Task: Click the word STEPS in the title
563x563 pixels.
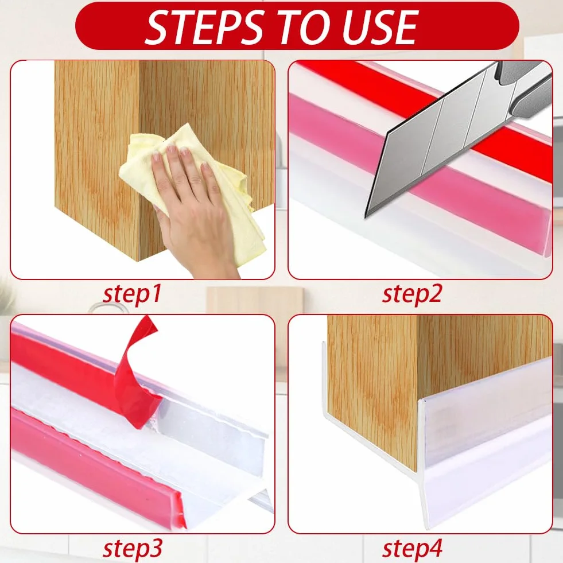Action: [205, 26]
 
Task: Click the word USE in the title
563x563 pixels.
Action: [380, 26]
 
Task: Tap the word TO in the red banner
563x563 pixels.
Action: [304, 26]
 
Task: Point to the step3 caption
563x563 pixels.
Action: [132, 548]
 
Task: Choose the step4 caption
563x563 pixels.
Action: [412, 548]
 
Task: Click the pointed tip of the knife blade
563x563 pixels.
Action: [366, 217]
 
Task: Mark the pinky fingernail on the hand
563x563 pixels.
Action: [205, 166]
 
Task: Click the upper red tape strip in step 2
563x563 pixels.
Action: [424, 108]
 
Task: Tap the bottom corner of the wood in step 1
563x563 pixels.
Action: [138, 261]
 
